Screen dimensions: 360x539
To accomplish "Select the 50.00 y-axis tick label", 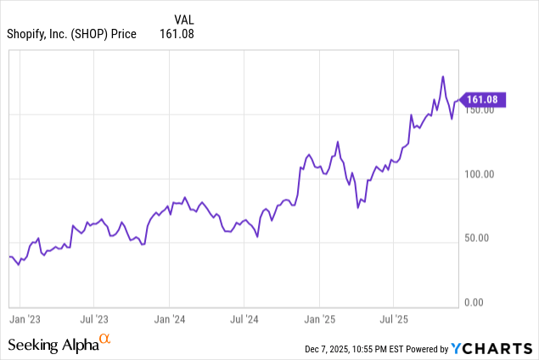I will pos(480,239).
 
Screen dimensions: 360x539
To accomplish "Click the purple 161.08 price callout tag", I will pos(483,99).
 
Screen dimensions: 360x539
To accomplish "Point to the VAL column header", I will pos(185,18).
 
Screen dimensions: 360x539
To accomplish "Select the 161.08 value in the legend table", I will pos(177,34).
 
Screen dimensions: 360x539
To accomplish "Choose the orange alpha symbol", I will pos(105,340).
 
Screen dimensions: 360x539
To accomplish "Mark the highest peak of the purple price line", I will pos(443,76).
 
